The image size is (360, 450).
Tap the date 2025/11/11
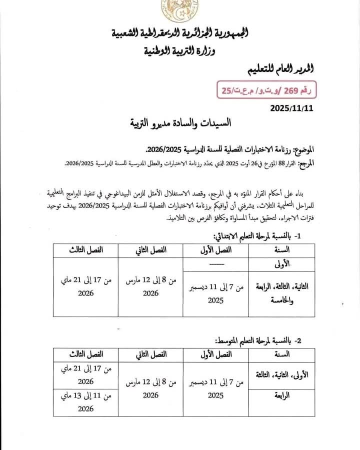[291, 107]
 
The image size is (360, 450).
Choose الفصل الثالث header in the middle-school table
[85, 354]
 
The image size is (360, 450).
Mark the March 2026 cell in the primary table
[150, 287]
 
